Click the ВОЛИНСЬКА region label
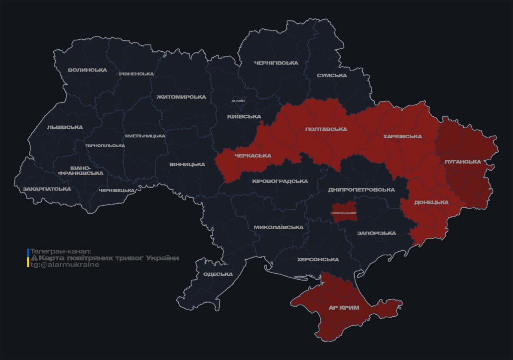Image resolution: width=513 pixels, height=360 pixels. point(87,70)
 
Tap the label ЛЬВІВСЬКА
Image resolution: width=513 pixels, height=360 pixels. point(65,127)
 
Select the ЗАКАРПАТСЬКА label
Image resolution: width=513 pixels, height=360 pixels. point(46,189)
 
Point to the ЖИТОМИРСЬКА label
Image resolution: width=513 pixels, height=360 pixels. point(181,97)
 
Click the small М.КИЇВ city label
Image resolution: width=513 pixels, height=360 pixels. point(238,101)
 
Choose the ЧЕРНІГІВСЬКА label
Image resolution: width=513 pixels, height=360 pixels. point(276,63)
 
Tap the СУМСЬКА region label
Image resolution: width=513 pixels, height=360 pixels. point(331,75)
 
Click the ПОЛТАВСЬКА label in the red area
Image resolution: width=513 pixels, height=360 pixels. point(326,129)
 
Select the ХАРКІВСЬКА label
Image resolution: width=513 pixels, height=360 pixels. point(402,136)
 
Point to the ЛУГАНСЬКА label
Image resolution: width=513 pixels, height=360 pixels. point(463,162)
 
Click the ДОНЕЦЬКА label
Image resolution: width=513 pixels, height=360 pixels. point(431,202)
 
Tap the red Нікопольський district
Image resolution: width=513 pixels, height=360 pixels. point(344,212)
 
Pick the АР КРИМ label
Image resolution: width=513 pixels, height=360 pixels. point(344,307)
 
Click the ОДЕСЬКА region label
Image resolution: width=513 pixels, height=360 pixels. point(218,274)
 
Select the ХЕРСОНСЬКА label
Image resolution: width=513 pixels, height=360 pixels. point(318,259)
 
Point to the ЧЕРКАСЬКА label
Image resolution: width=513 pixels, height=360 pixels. point(252,156)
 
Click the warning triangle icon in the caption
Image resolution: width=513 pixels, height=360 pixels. point(34,258)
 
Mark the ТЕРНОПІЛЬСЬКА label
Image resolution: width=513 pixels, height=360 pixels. point(105,146)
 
